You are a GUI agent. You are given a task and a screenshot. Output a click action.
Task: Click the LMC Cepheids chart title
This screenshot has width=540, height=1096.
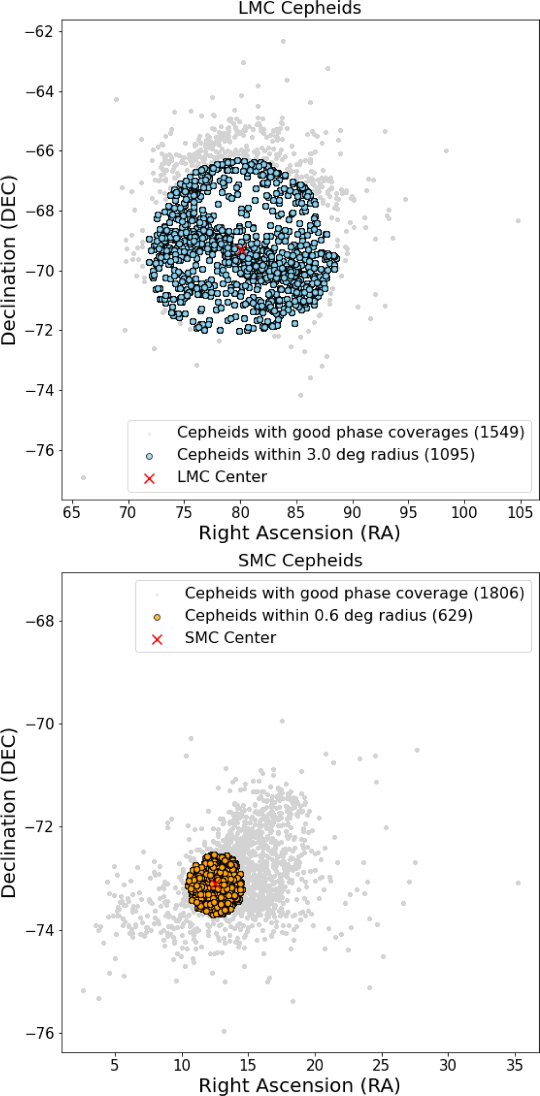pos(300,8)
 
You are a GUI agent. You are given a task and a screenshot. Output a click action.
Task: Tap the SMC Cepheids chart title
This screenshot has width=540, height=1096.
pos(300,560)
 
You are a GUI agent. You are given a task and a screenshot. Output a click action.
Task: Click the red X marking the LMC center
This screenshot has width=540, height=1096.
pos(242,250)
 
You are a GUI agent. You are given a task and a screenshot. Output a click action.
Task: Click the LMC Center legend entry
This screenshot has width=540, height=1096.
pos(222,477)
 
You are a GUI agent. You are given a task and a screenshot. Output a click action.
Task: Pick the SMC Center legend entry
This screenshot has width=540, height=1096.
pos(230,638)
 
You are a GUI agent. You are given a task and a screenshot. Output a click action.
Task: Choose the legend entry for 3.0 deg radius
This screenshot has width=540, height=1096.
pos(326,454)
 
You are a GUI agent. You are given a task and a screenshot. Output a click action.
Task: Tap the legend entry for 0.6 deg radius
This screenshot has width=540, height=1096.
pos(329,615)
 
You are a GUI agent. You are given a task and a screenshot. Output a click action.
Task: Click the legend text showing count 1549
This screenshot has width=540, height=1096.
pos(351,432)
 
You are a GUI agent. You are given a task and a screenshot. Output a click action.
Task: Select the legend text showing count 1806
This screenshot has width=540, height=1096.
pos(355,593)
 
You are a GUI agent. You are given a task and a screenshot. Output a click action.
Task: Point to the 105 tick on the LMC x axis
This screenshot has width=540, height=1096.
pos(521,512)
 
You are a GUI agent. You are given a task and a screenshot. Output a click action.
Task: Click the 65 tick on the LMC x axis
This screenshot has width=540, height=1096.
pos(72,512)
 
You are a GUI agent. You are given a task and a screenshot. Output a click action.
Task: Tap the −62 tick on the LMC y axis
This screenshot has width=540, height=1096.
pos(40,31)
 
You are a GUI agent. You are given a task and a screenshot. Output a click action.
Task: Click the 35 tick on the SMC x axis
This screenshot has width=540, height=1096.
pos(514,1065)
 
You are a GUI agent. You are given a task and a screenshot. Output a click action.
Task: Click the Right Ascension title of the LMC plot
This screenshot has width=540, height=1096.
pos(300,533)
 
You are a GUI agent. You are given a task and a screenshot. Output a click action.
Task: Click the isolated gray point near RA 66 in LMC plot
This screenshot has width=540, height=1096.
pos(83,478)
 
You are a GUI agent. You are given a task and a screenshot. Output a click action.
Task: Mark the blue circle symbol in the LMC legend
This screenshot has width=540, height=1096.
pos(149,456)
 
